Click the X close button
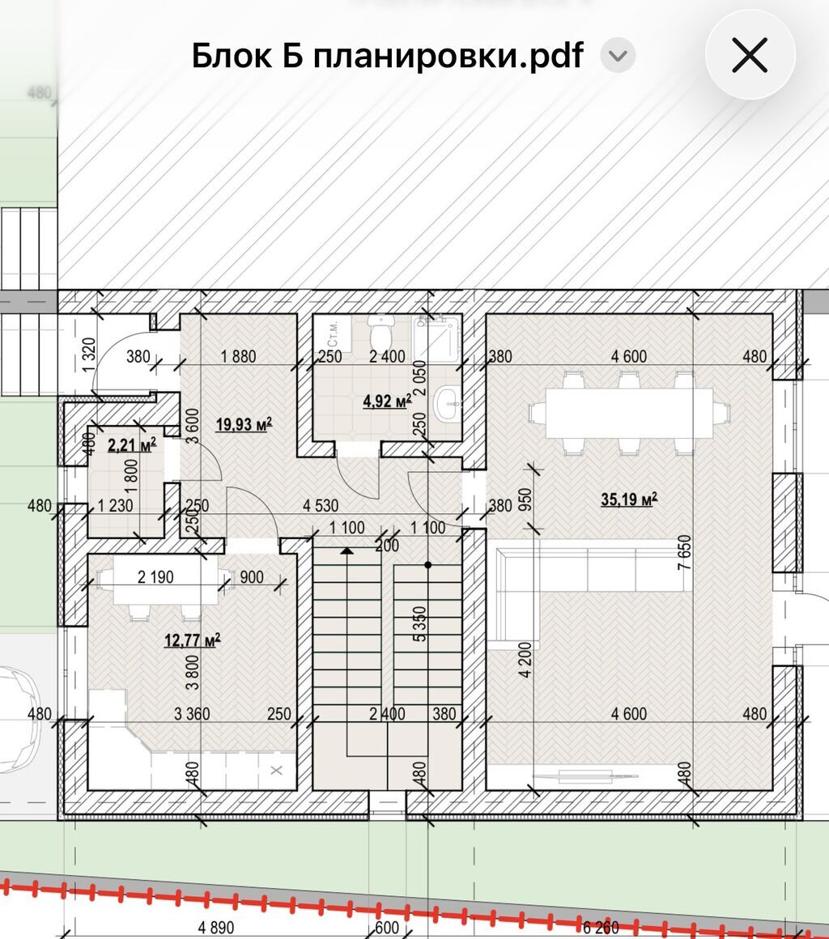pyautogui.click(x=750, y=55)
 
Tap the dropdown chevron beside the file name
pyautogui.click(x=618, y=56)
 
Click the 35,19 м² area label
pyautogui.click(x=629, y=499)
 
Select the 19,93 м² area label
pyautogui.click(x=244, y=425)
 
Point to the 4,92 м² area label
pyautogui.click(x=387, y=401)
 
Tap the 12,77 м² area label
pyautogui.click(x=193, y=640)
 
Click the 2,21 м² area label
pyautogui.click(x=132, y=445)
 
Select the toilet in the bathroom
pyautogui.click(x=381, y=329)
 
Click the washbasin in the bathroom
pyautogui.click(x=448, y=403)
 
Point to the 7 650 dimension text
pyautogui.click(x=685, y=553)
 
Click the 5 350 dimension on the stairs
pyautogui.click(x=420, y=624)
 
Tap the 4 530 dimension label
pyautogui.click(x=321, y=506)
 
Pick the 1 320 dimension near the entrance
pyautogui.click(x=89, y=355)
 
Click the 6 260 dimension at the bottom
pyautogui.click(x=601, y=928)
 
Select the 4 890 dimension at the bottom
pyautogui.click(x=215, y=928)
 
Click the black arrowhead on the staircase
pyautogui.click(x=346, y=550)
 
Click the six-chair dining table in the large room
pyautogui.click(x=629, y=413)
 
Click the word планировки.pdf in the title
pyautogui.click(x=448, y=56)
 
